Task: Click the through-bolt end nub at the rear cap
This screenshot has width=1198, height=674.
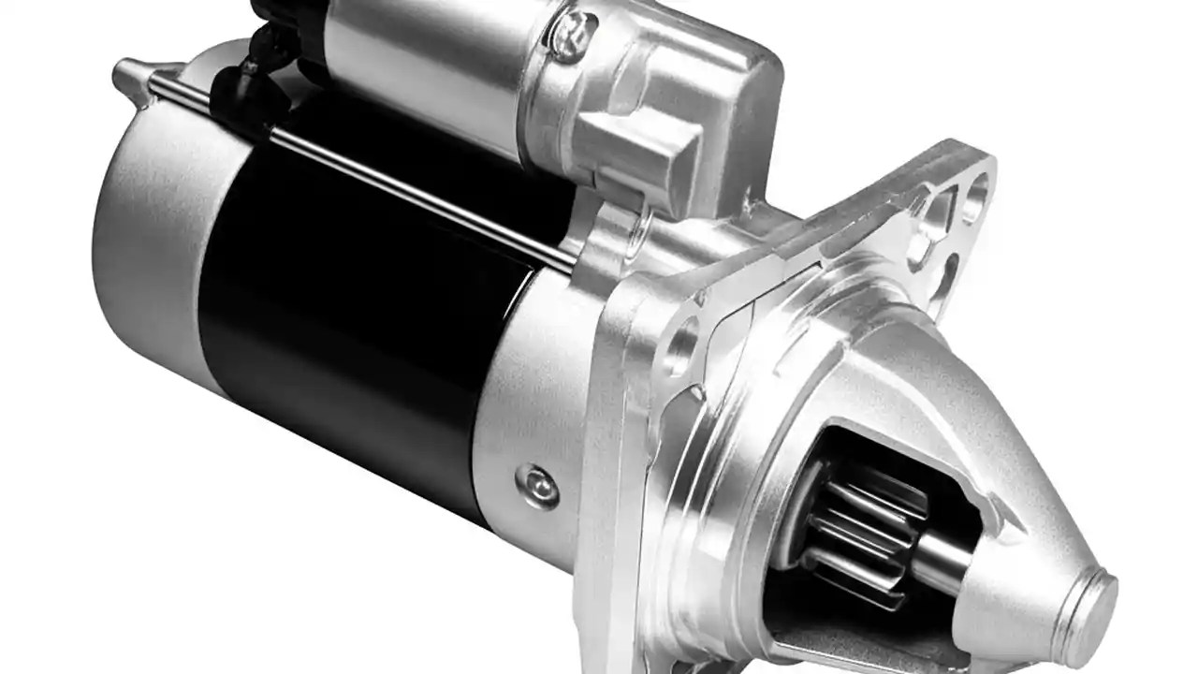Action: point(126,73)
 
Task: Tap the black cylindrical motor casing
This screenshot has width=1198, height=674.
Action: point(356,309)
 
